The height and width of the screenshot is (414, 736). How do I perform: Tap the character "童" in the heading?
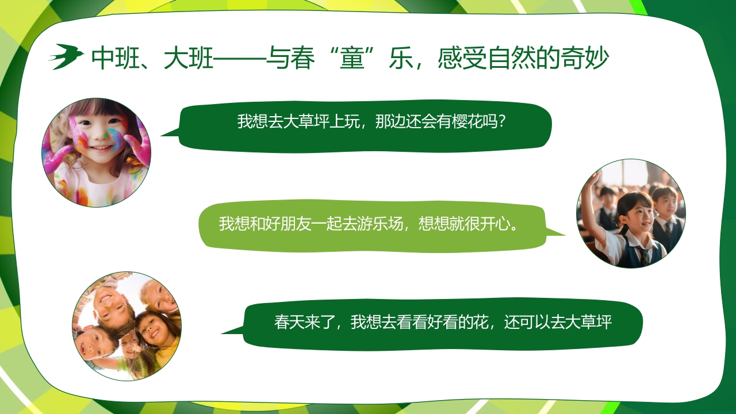(x=354, y=58)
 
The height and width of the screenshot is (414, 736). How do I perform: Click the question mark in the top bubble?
(x=501, y=121)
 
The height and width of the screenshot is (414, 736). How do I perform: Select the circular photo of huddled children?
(x=126, y=326)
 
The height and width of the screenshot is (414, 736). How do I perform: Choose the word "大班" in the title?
(x=187, y=58)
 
